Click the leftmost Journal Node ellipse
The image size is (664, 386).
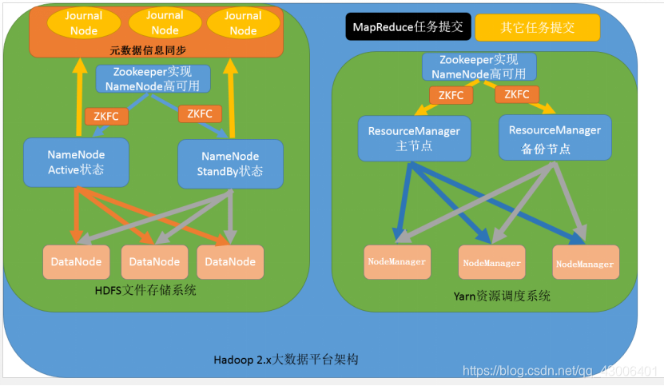tap(85, 22)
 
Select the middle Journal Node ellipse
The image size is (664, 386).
tap(165, 22)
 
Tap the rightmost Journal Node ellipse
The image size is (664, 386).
tap(243, 22)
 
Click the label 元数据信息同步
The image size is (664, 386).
tap(156, 50)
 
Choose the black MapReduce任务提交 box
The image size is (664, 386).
tap(407, 26)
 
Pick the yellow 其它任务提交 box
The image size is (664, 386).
tap(537, 26)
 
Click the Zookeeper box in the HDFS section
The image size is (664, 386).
tap(153, 78)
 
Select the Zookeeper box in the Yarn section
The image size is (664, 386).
tap(479, 66)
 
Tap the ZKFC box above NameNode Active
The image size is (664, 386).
tap(106, 117)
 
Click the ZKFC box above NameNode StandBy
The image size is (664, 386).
tap(200, 113)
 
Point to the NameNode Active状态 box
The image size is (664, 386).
tap(76, 162)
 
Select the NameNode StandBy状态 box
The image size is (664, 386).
tap(230, 163)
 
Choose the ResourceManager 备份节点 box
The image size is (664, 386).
tap(555, 137)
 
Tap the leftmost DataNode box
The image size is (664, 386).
tap(76, 261)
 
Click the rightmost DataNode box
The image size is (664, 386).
tap(231, 261)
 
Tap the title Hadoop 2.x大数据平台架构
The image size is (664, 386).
tap(286, 360)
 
